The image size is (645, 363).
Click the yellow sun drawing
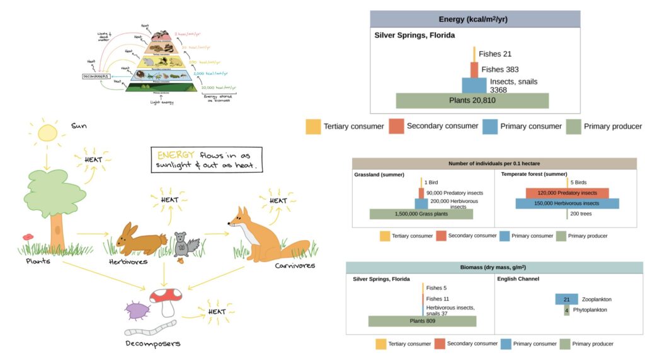pos(47,133)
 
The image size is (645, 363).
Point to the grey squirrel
pos(185,243)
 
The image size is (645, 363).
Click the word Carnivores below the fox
pos(295,265)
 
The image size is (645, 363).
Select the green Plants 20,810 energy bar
pos(472,101)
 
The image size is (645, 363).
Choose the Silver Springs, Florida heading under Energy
pos(414,36)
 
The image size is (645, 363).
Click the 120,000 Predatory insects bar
pos(567,193)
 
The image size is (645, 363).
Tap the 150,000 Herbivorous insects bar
pos(567,204)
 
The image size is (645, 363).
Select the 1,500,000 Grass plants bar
pos(421,214)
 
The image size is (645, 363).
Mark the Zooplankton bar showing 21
pos(566,299)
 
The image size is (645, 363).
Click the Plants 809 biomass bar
pos(422,321)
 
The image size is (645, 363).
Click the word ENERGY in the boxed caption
pos(171,155)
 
